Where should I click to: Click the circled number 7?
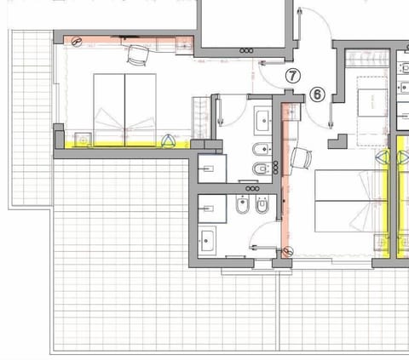coord(292,76)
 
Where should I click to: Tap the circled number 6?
coord(317,94)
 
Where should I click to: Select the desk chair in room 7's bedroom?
coord(136,56)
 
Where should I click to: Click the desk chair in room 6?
coord(299,157)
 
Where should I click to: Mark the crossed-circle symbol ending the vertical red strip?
coord(287,251)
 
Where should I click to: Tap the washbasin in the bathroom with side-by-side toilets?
coord(207,237)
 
